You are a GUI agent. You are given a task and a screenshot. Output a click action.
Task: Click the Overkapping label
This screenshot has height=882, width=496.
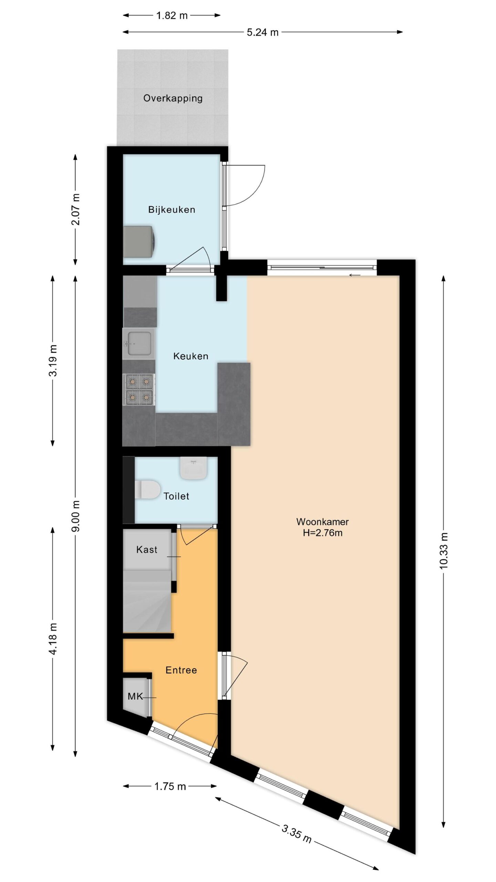173,99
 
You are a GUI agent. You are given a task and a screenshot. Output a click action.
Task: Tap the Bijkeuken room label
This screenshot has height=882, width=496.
172,209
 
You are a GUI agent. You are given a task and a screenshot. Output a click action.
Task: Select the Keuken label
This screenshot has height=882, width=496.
190,356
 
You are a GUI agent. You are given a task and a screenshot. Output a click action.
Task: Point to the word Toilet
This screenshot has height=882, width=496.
176,496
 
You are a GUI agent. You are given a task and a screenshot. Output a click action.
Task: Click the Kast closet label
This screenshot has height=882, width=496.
147,550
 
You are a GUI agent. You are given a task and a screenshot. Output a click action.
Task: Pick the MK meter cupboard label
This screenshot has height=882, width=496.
135,696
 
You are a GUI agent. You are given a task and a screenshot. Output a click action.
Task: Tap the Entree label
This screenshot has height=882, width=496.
181,670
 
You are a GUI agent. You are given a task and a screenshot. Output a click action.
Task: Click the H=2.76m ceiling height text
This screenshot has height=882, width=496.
323,533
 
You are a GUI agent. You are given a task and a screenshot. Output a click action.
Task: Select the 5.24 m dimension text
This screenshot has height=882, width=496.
263,32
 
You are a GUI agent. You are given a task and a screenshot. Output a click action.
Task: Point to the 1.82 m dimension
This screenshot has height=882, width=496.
172,16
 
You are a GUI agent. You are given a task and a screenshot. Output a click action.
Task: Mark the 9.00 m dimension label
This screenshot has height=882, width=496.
76,516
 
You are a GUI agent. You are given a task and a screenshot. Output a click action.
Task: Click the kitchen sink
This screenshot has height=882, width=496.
139,343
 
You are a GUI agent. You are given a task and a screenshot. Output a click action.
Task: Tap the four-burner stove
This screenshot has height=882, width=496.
139,390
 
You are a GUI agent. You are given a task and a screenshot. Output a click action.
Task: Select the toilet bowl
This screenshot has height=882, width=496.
147,489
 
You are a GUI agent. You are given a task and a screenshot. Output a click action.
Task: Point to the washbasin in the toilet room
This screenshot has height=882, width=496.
194,468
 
